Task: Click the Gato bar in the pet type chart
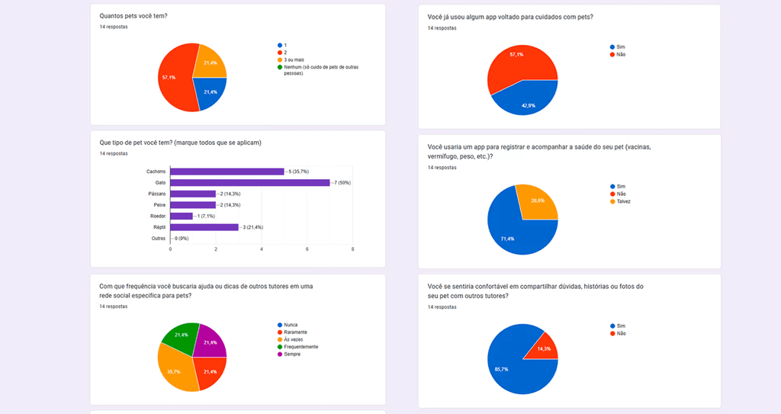tap(250, 183)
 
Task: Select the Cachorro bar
tap(227, 172)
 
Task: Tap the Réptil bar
tap(204, 227)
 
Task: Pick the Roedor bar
tap(182, 216)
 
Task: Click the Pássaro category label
tap(156, 194)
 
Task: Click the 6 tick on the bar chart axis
tap(307, 249)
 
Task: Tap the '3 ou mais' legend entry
tap(294, 59)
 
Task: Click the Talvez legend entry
tap(623, 201)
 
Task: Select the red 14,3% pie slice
tap(543, 347)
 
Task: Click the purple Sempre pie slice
tap(211, 342)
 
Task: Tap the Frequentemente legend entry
tap(301, 347)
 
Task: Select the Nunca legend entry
tap(291, 325)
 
